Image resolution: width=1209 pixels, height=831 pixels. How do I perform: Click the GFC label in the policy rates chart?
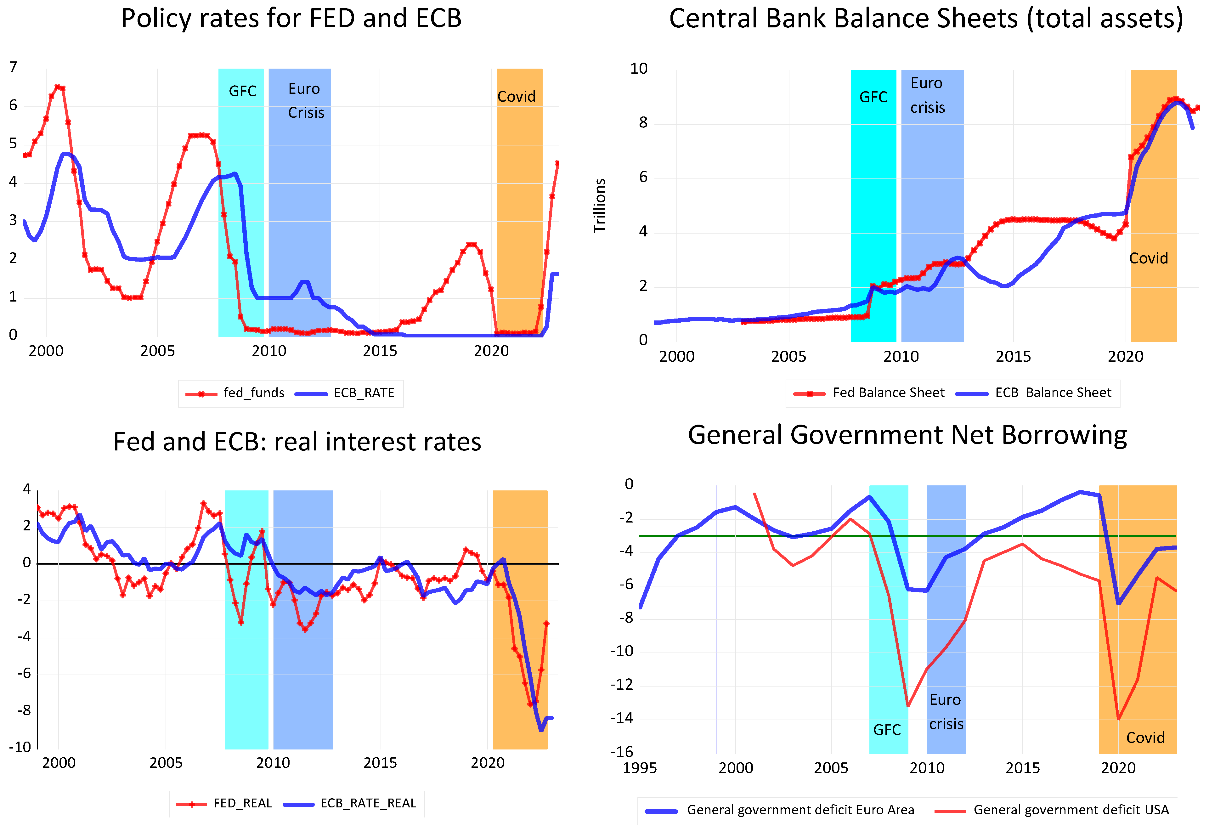[243, 92]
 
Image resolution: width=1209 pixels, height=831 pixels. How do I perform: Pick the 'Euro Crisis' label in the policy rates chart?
[306, 101]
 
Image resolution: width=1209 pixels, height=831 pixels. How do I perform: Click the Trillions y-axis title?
[600, 205]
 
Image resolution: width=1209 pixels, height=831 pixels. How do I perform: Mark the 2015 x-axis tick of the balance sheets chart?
[1013, 357]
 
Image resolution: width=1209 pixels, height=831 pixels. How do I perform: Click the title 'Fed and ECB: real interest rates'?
[297, 442]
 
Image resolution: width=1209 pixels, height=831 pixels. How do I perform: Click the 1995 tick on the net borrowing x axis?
[639, 768]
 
